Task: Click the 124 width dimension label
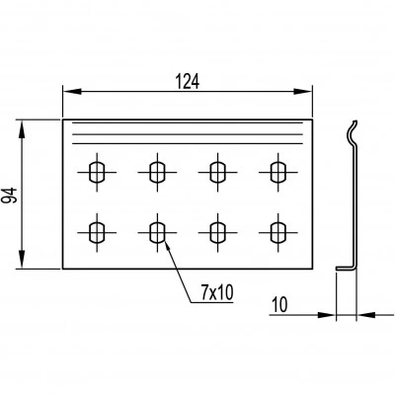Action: [188, 81]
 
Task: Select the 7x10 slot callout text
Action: [217, 292]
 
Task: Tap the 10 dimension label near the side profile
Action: [280, 305]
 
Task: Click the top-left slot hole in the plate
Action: [97, 172]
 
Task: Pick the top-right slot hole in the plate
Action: [278, 172]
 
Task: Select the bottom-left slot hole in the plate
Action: [97, 233]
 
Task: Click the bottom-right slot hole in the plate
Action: [278, 233]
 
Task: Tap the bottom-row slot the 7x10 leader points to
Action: [157, 233]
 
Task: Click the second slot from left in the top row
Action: [157, 172]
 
